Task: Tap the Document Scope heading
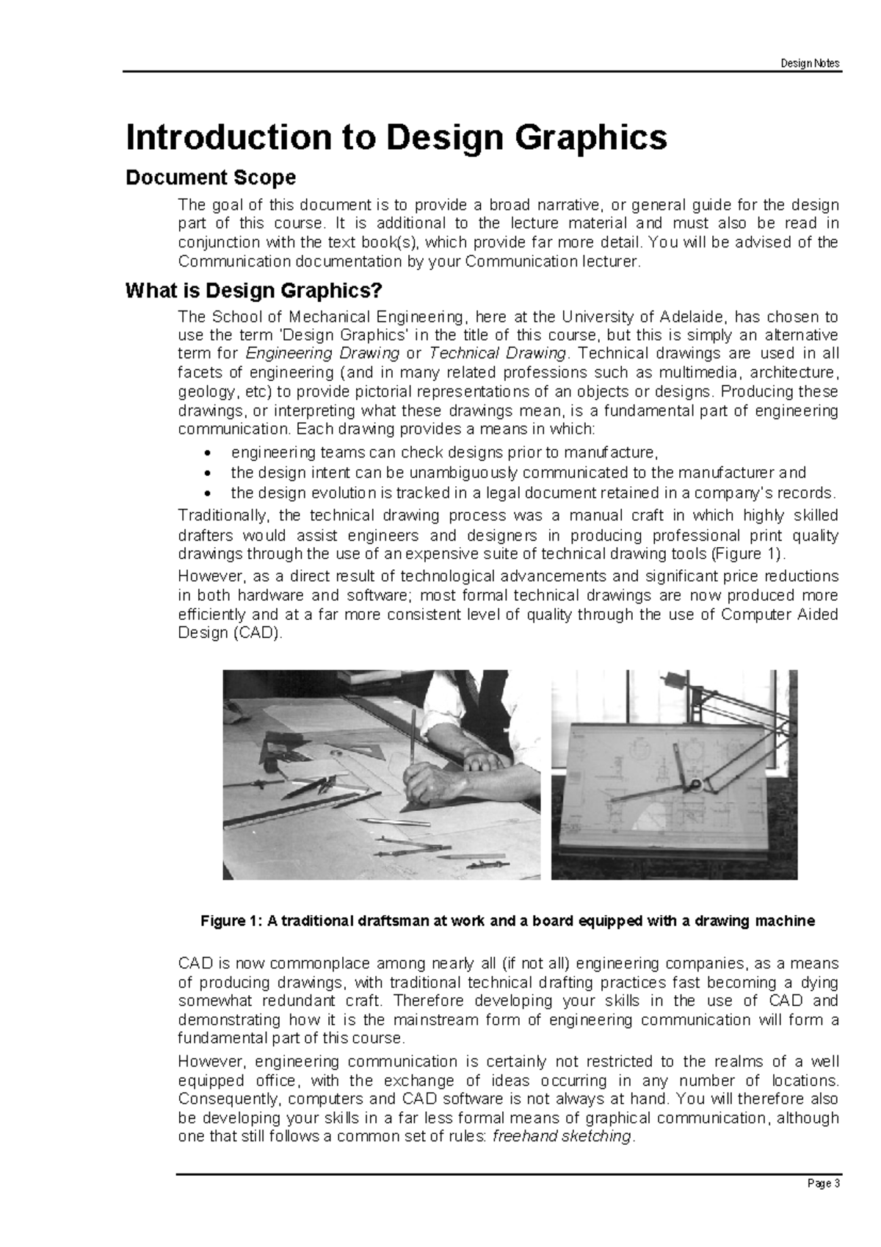(x=211, y=178)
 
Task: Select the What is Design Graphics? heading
(x=254, y=292)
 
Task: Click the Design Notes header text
(x=811, y=63)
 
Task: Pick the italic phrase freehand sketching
(x=561, y=1137)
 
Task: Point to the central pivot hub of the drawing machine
(x=693, y=787)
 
